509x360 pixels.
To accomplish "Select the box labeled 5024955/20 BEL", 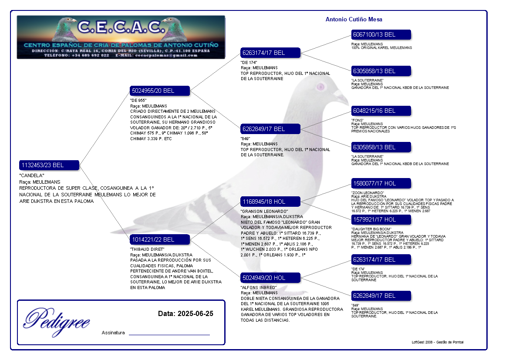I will tap(160, 91).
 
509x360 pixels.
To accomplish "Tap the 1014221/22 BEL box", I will tap(160, 239).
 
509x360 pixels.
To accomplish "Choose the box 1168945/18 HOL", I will tap(270, 202).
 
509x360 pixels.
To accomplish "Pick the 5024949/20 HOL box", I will tap(270, 278).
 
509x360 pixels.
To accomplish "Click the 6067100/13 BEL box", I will tap(381, 34).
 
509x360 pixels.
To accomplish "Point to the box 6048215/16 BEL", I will tap(381, 111).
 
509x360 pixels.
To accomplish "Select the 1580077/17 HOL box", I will tap(381, 183).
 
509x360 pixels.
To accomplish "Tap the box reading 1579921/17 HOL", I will tap(381, 219).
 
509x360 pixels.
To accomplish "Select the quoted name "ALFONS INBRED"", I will tap(258, 288).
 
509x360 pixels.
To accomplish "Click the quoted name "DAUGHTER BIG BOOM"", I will tap(371, 229).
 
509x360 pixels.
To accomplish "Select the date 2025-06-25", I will tap(195, 313).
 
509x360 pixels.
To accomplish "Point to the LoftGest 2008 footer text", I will tap(438, 342).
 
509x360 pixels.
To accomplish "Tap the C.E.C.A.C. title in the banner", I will tap(120, 27).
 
